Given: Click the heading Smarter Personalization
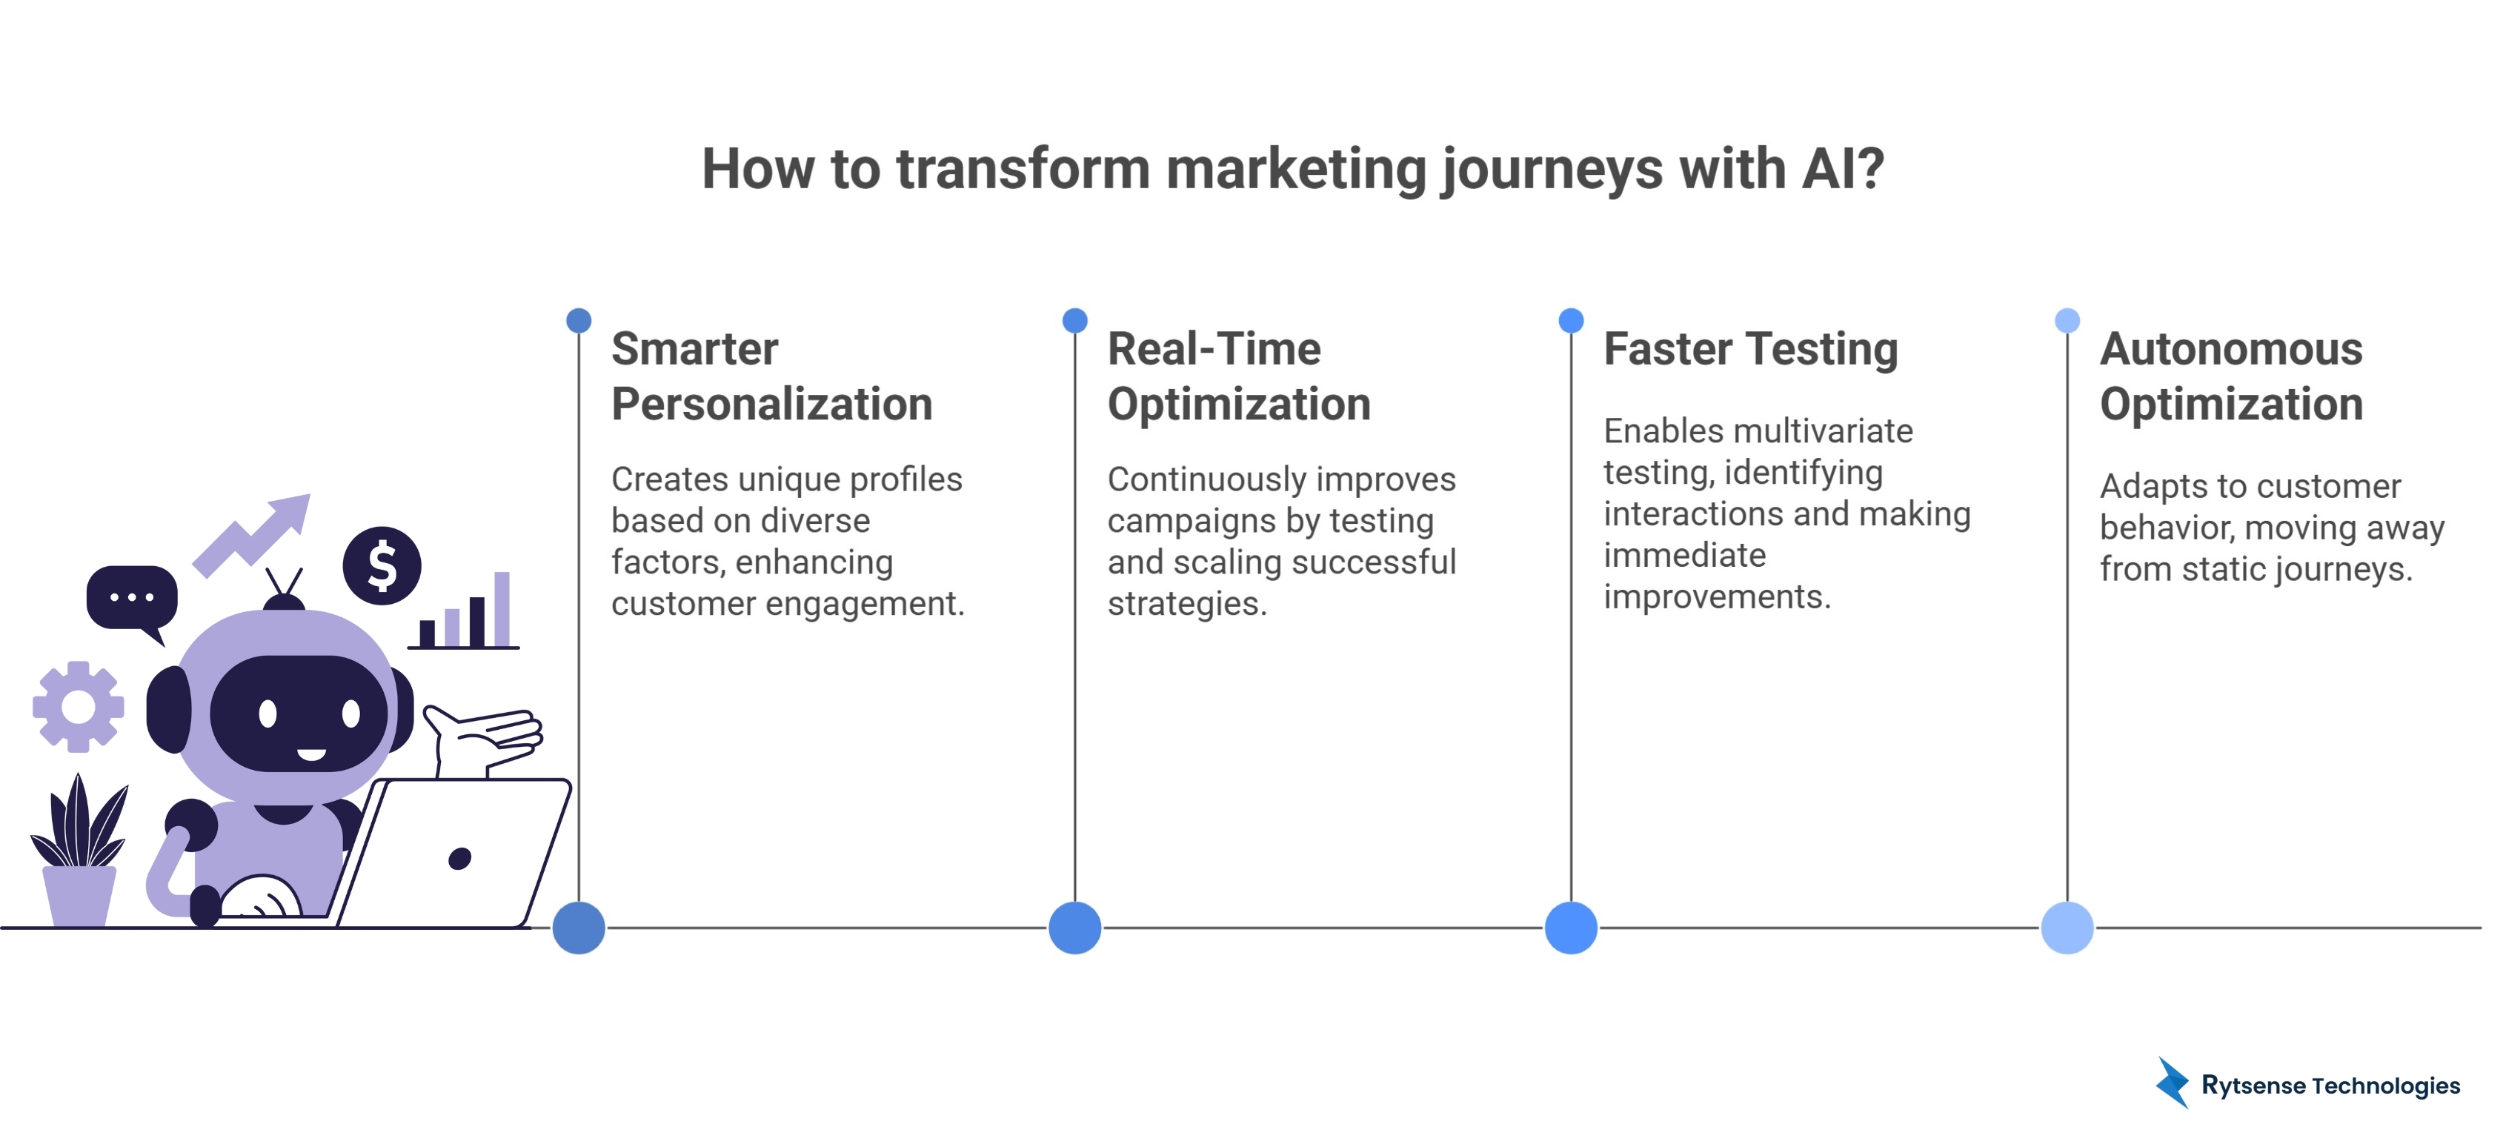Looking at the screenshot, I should coord(771,376).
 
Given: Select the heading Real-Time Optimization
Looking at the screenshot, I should coord(1238,376).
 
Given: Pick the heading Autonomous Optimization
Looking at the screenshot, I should coord(2231,376).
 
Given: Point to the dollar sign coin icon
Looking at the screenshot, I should coord(382,566).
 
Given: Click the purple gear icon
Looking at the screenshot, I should coord(78,707).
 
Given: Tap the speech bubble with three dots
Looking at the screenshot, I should coord(132,598).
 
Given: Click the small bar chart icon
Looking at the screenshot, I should coord(465,614).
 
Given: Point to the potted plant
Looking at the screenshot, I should coord(79,855).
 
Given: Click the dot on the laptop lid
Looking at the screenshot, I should coord(459,858).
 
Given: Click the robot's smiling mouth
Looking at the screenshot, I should coord(311,754).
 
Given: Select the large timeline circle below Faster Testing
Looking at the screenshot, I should coord(1570,928).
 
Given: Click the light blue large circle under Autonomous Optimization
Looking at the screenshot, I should coord(2067,928).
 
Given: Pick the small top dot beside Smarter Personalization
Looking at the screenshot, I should coord(578,320).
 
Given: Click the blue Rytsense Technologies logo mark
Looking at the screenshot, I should coord(2173,1083).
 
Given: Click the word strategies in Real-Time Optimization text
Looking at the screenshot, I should coord(1186,604).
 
